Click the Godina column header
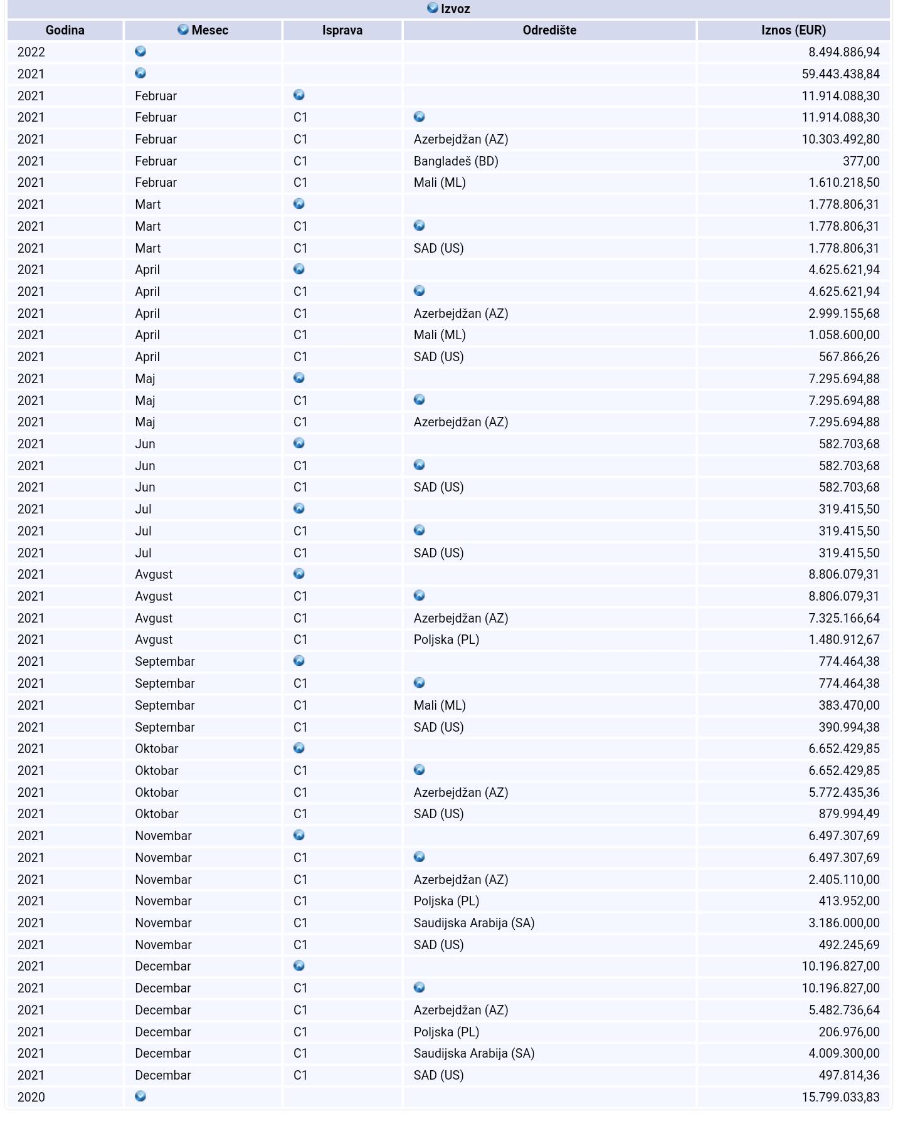65,30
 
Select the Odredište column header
549,30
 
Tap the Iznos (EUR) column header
793,30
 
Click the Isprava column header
342,30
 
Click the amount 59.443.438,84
840,74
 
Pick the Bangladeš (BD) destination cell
456,161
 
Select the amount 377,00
861,161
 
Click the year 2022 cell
31,52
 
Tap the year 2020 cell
31,1097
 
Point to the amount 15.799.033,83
840,1097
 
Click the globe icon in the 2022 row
140,51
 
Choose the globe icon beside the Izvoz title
432,8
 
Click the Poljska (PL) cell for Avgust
446,639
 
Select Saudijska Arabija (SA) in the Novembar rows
473,923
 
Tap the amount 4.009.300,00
843,1053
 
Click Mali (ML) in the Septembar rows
440,705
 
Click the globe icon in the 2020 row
140,1096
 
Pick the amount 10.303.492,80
840,139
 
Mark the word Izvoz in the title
455,9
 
